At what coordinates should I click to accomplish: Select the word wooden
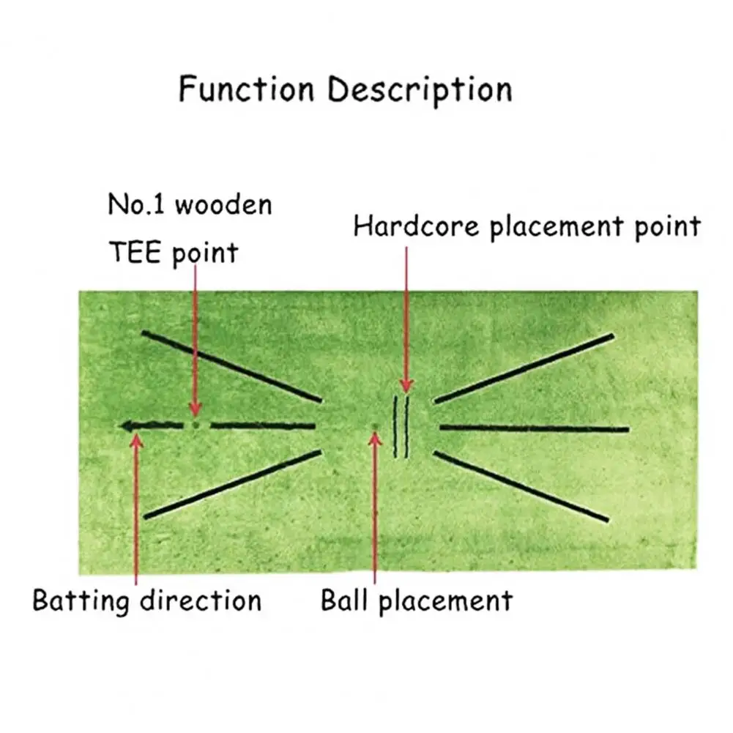[223, 205]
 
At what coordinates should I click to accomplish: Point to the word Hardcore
[417, 226]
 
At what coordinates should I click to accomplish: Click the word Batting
[81, 600]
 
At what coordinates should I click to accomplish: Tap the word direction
[201, 600]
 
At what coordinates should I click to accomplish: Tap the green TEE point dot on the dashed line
[195, 424]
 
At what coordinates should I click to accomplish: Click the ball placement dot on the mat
[374, 426]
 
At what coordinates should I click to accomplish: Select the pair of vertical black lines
[401, 427]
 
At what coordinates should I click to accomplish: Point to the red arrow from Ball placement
[375, 505]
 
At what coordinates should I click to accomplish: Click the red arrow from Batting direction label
[136, 505]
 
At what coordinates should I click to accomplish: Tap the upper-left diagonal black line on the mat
[231, 365]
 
